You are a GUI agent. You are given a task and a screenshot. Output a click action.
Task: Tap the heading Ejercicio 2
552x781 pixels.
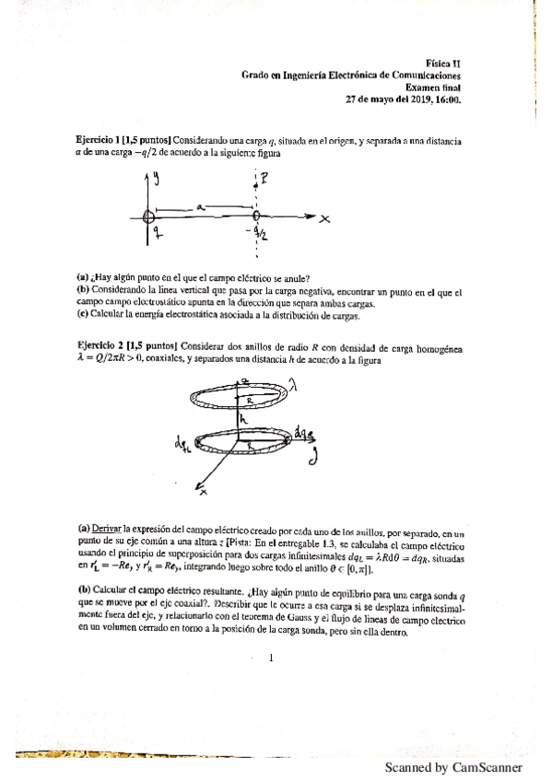(103, 345)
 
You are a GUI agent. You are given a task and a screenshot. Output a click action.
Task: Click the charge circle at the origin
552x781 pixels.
(150, 217)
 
